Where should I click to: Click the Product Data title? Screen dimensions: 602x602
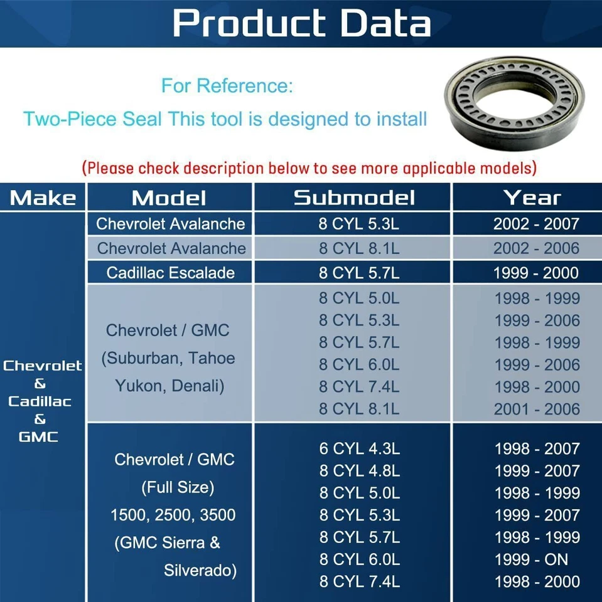302,23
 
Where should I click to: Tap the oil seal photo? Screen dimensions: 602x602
514,103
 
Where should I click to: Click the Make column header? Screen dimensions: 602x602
43,198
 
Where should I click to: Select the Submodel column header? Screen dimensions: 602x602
354,198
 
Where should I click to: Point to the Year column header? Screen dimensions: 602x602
532,198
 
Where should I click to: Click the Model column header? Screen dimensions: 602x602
169,198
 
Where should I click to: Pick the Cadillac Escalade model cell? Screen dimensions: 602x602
170,273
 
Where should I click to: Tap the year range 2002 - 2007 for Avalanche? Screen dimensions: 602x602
536,224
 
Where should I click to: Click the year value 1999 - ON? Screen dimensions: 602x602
531,559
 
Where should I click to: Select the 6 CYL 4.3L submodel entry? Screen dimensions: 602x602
360,448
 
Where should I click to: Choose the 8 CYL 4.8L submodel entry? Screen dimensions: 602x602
360,471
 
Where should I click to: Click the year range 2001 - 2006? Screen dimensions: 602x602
537,409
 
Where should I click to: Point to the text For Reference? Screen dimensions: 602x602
227,85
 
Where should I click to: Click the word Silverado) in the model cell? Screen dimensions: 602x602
200,570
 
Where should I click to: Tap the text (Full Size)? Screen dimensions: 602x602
178,487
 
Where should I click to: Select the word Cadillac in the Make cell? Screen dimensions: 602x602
40,401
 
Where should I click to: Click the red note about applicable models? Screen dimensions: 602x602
309,168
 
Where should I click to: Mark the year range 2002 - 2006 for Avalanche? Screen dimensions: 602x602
536,248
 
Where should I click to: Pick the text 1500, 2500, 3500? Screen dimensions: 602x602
173,515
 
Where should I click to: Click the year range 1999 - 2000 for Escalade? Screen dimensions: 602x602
536,273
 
